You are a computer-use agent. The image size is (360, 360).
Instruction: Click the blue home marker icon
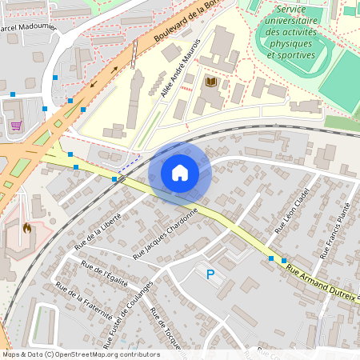tap(180, 173)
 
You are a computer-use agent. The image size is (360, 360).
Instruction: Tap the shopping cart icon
tap(16, 125)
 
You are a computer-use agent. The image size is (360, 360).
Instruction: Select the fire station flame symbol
tap(27, 228)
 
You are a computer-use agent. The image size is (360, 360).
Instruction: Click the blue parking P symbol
tap(210, 274)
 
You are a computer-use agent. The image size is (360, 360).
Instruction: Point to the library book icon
tap(211, 82)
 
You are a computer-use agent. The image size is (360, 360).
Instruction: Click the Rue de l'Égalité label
tap(105, 275)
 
